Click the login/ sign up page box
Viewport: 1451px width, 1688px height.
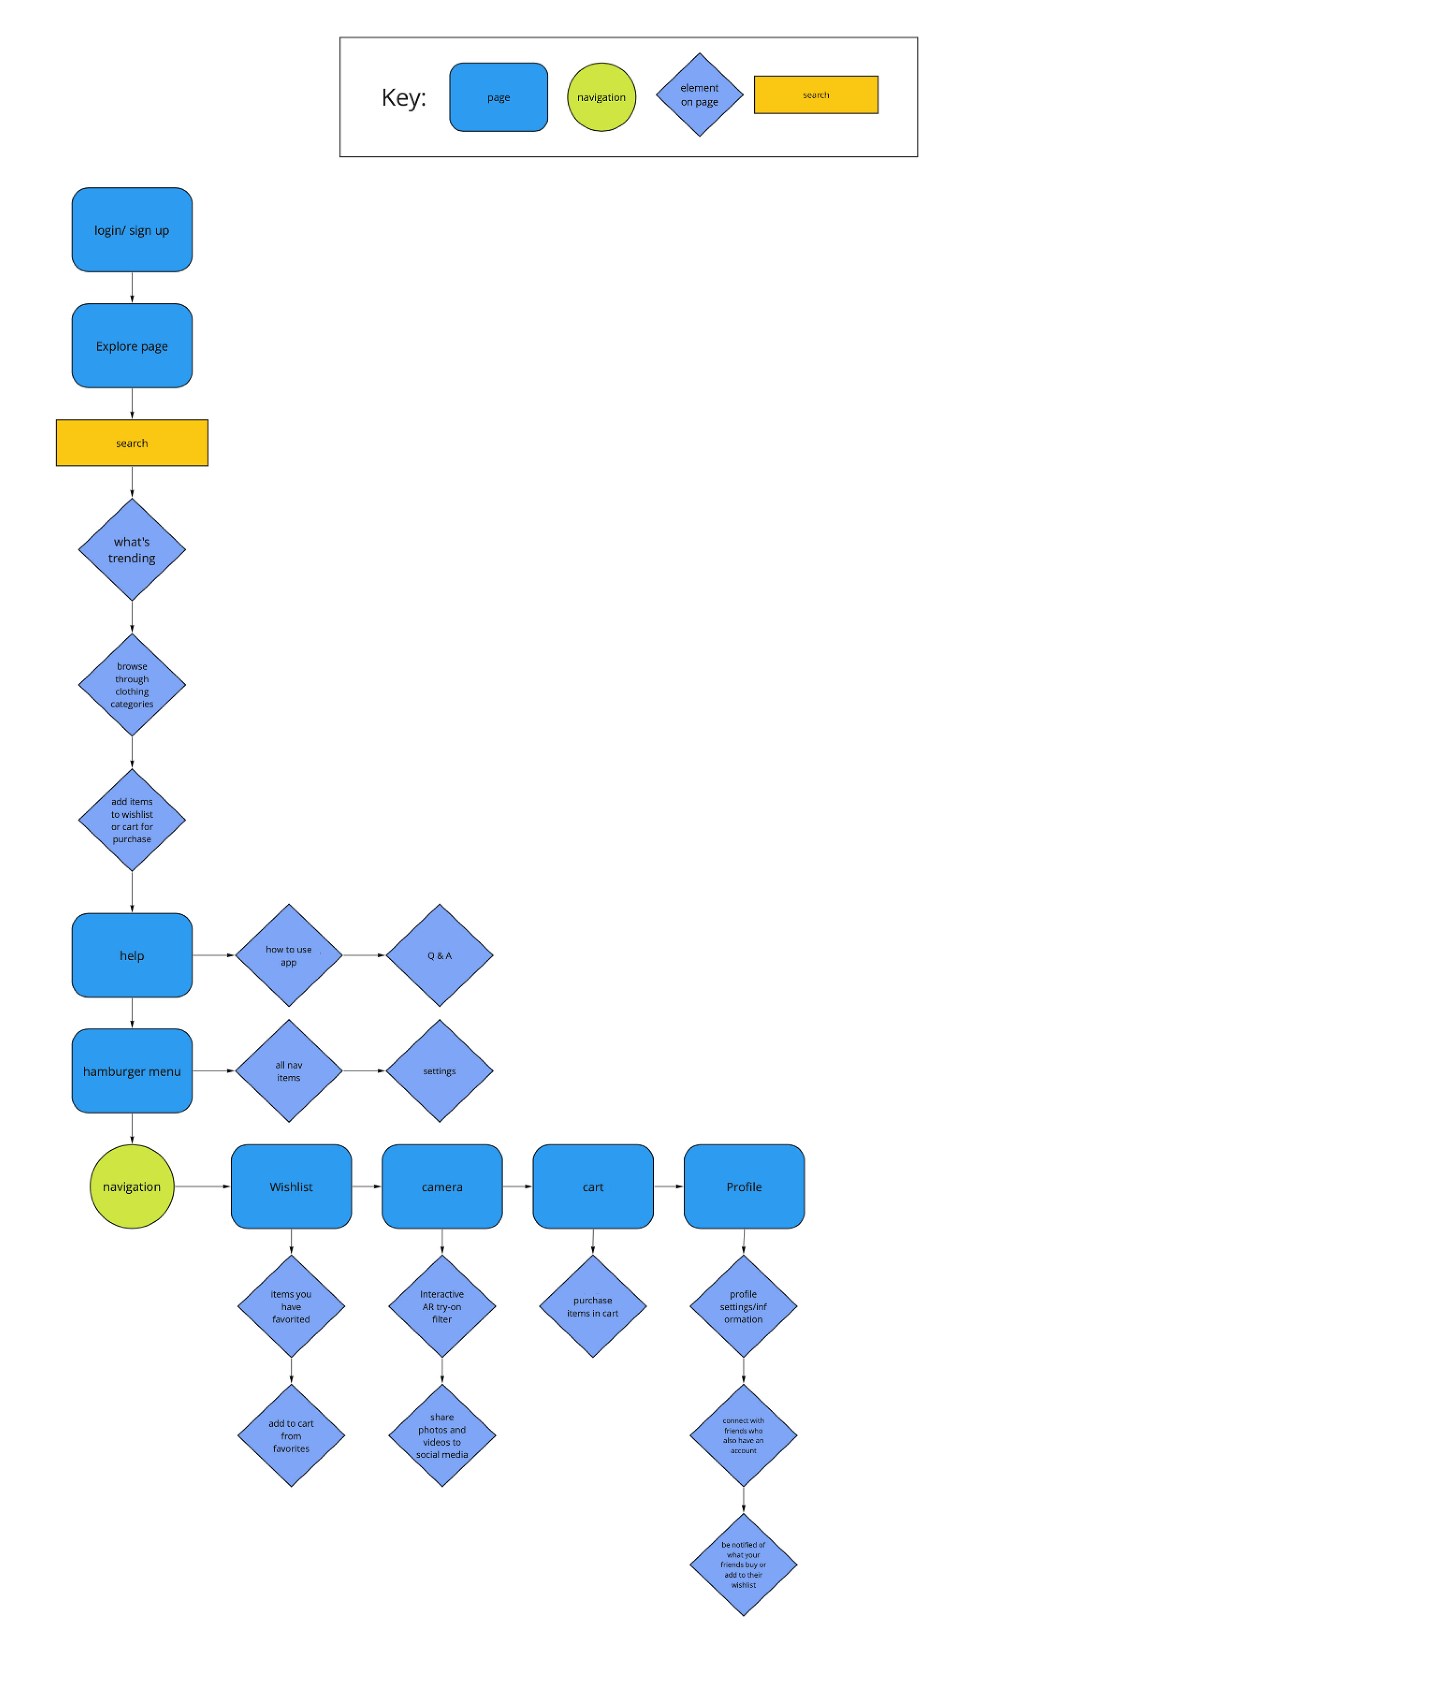pos(132,230)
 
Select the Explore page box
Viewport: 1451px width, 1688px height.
pos(132,345)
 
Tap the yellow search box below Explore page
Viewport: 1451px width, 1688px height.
pos(132,443)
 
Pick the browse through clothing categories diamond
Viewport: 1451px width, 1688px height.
pos(132,684)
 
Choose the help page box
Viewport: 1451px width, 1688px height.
pos(132,955)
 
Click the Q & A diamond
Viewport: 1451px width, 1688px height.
pos(439,955)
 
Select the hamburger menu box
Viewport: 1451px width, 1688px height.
pos(132,1071)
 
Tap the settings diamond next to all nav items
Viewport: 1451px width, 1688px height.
pos(439,1071)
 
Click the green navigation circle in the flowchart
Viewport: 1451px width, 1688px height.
pos(132,1186)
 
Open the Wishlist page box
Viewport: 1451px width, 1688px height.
pos(291,1186)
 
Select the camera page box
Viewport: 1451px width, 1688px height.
pos(442,1186)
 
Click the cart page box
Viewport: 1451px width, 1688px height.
pos(592,1186)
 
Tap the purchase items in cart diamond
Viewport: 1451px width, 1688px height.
pos(592,1306)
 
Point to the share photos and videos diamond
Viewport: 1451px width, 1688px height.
pos(442,1436)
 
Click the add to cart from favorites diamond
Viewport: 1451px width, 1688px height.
pos(291,1436)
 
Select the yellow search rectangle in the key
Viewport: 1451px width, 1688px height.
pos(815,94)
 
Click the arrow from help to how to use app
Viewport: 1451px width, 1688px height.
pos(213,955)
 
